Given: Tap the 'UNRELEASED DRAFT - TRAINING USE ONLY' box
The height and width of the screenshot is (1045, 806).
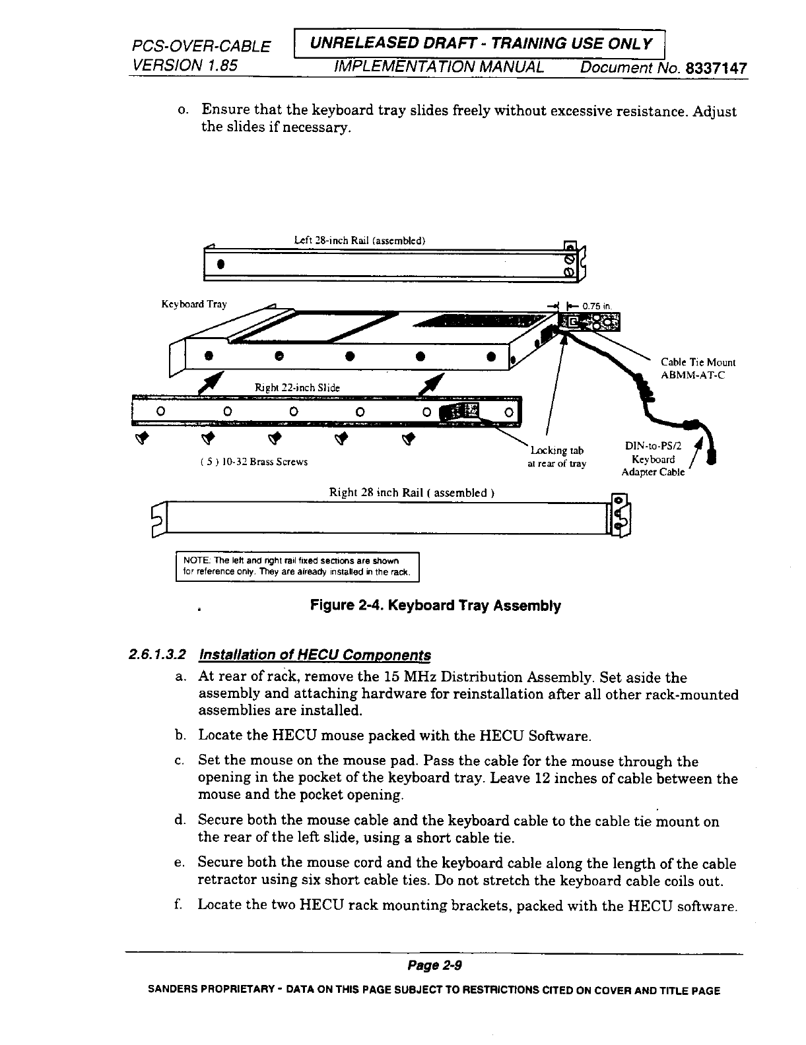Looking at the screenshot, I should pyautogui.click(x=482, y=44).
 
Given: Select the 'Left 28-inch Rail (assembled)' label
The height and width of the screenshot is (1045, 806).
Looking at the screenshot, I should pyautogui.click(x=360, y=240).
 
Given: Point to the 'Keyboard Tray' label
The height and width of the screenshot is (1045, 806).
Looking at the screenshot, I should pyautogui.click(x=194, y=304).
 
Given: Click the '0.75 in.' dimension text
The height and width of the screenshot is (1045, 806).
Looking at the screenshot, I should pyautogui.click(x=599, y=305).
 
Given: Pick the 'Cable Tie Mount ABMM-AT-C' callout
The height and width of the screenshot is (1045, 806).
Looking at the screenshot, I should pyautogui.click(x=698, y=369).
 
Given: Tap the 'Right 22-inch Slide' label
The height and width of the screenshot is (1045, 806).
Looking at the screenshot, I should pyautogui.click(x=297, y=388).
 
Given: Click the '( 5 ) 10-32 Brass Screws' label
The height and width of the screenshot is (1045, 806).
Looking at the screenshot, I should pyautogui.click(x=253, y=462).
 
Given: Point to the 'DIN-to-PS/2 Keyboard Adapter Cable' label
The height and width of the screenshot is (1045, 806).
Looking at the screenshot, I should pyautogui.click(x=654, y=459).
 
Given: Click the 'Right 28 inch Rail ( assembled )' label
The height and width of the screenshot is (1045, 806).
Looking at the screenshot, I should pyautogui.click(x=413, y=493).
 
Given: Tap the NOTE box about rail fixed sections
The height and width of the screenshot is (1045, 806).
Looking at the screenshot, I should pyautogui.click(x=297, y=566).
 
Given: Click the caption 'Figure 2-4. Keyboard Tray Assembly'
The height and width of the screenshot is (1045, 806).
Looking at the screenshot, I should pyautogui.click(x=436, y=606).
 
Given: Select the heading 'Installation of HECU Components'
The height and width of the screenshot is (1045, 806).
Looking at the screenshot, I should pyautogui.click(x=314, y=655).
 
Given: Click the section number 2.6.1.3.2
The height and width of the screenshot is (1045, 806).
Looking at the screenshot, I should pyautogui.click(x=157, y=655).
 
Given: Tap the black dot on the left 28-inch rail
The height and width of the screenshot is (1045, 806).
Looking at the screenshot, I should pyautogui.click(x=219, y=265).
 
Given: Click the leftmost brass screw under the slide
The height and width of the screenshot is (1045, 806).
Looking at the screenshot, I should pyautogui.click(x=141, y=438).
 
